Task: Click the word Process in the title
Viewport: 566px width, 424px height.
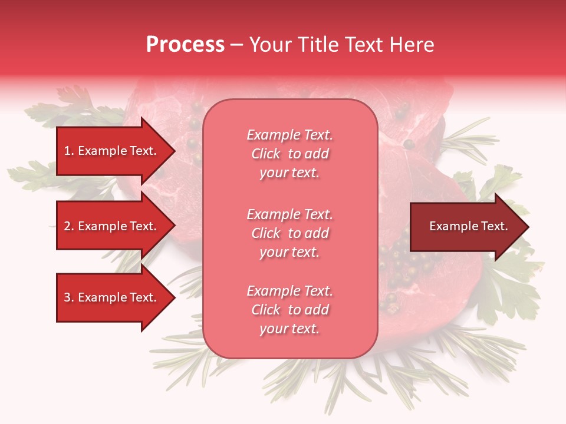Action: tap(185, 45)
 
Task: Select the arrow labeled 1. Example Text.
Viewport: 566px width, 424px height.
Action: tap(112, 151)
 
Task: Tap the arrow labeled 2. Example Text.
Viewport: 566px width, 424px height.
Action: tap(112, 226)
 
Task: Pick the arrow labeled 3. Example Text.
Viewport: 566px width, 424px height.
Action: tap(112, 297)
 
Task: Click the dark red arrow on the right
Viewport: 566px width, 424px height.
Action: tap(466, 227)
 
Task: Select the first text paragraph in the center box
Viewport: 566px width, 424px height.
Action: tap(289, 154)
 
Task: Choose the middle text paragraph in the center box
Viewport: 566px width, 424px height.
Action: tap(289, 233)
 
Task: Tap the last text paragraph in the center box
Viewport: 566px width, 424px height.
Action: tap(289, 310)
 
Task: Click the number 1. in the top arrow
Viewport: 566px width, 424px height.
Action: tap(69, 151)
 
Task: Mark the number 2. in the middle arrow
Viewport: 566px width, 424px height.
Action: tap(69, 226)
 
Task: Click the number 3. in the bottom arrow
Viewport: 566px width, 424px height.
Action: tap(69, 297)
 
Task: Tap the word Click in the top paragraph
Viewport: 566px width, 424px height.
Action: tap(266, 154)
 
